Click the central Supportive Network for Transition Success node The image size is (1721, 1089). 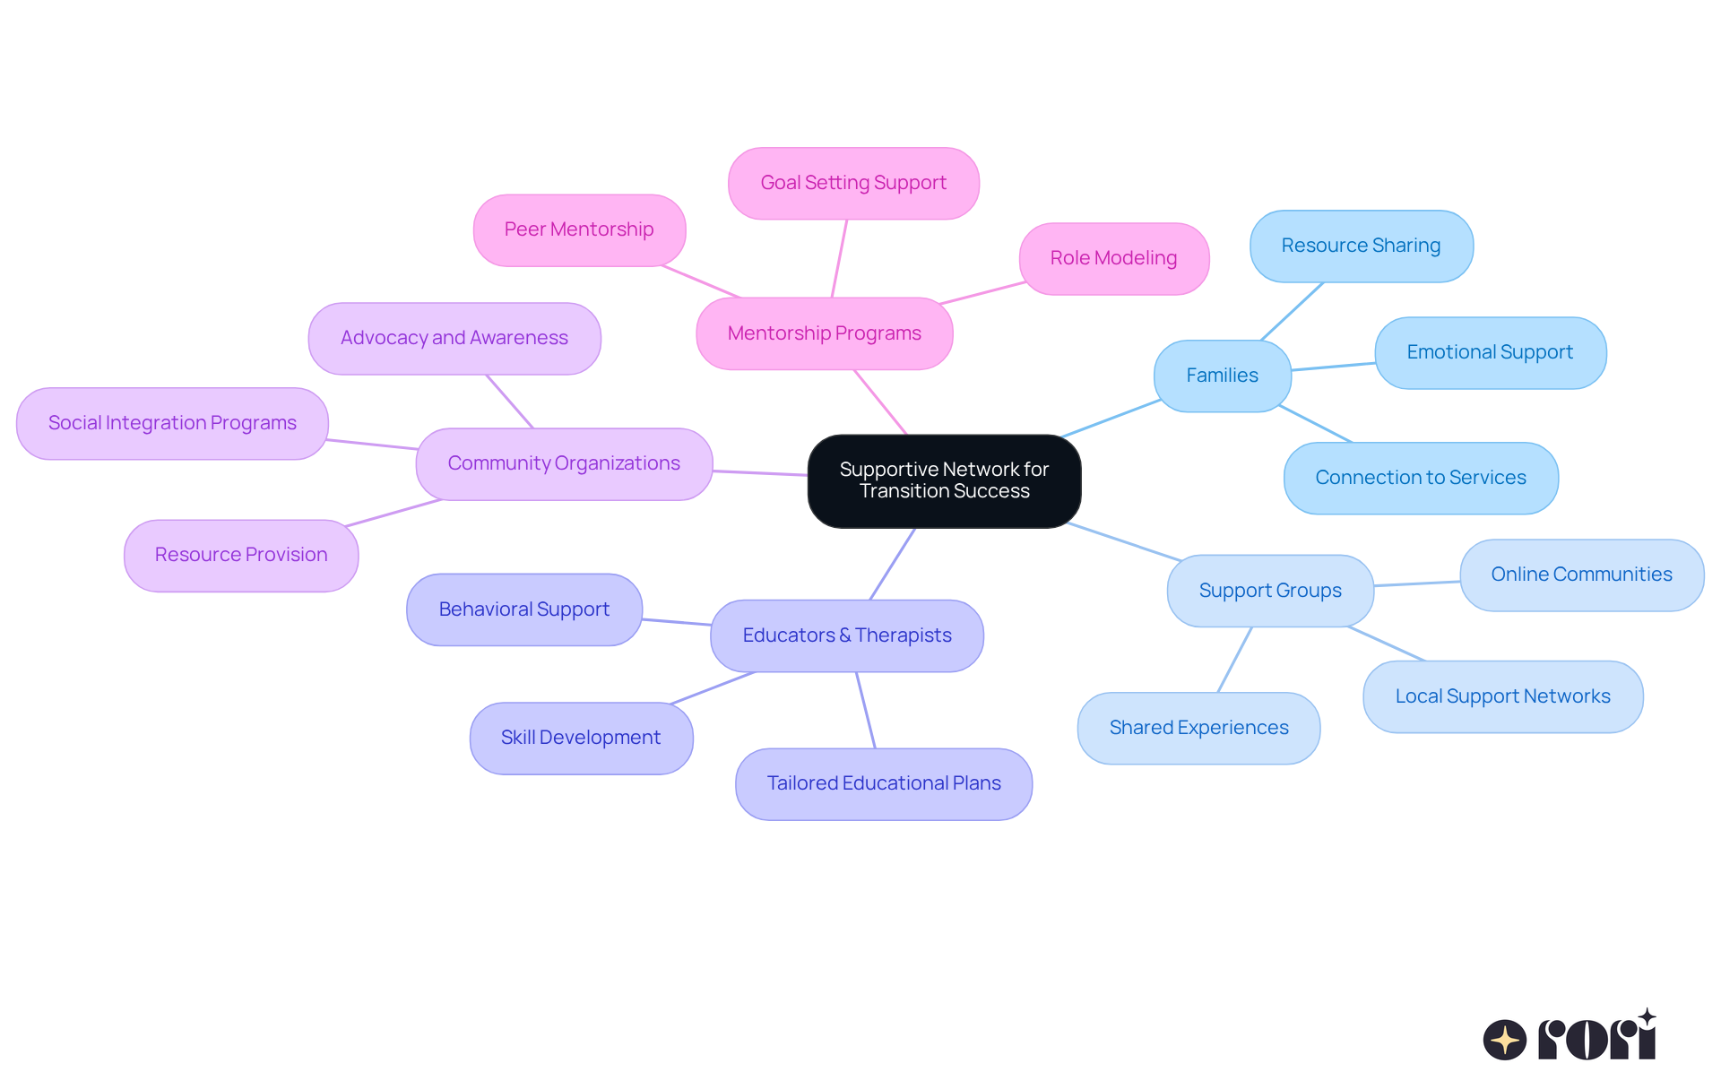coord(944,481)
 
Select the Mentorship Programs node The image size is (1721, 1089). coord(824,333)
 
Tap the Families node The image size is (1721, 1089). coord(1222,376)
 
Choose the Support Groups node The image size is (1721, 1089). coord(1269,591)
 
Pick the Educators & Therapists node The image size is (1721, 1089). coord(846,635)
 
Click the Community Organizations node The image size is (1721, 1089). coord(564,463)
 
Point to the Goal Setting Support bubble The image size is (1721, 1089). coord(853,183)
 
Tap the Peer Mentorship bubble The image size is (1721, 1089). coord(579,229)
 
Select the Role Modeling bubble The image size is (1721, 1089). coord(1113,258)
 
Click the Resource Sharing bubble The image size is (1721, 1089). coord(1361,246)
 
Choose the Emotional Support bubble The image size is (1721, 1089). coord(1490,352)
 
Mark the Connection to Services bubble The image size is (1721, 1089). coord(1421,478)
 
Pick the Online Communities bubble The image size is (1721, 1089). coord(1581,575)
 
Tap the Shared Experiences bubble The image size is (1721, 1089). coord(1198,728)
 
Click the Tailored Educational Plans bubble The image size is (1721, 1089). coord(884,783)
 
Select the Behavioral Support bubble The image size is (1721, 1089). coord(524,609)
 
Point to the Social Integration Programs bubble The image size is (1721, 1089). coord(172,423)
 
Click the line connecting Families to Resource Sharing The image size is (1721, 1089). coord(1292,312)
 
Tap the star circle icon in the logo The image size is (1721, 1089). coord(1505,1040)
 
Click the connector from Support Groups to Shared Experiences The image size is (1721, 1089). coord(1234,660)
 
